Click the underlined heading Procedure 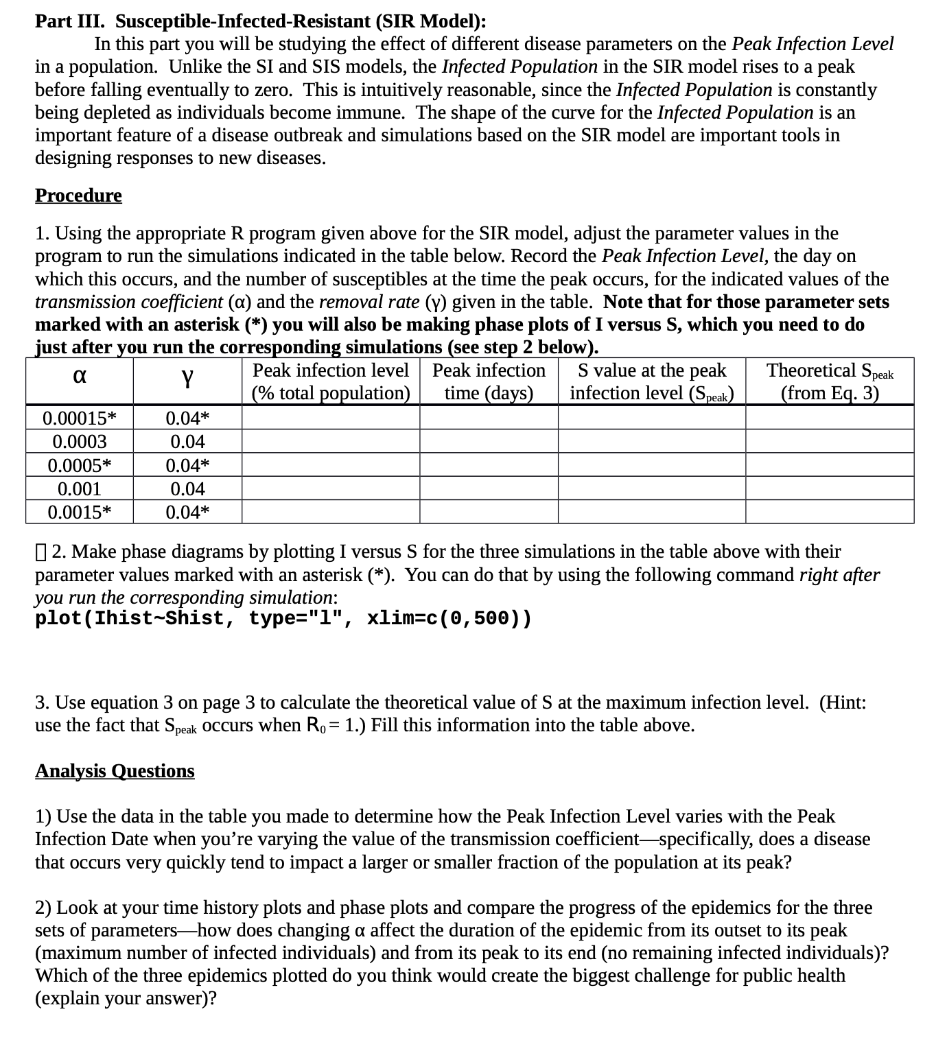(x=78, y=196)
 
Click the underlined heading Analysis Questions (x=115, y=771)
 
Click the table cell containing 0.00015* (x=80, y=418)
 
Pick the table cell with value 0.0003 (x=80, y=442)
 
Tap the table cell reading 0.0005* (x=80, y=466)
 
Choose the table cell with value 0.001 (x=80, y=489)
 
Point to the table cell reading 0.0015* (x=80, y=512)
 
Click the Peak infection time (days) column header (x=489, y=381)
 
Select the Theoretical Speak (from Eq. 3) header (x=830, y=381)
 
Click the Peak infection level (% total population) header (x=331, y=381)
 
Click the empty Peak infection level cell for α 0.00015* (x=331, y=418)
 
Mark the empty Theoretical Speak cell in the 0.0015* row (x=830, y=512)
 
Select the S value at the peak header (x=652, y=381)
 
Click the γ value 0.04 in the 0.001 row (x=187, y=489)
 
